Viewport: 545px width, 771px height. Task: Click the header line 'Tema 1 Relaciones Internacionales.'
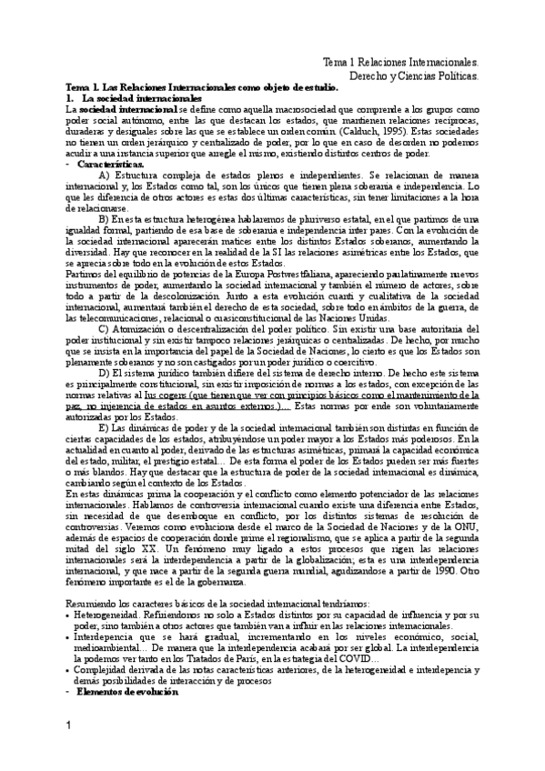point(400,61)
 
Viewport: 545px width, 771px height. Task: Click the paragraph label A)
point(103,175)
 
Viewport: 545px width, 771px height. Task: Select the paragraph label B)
point(103,218)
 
